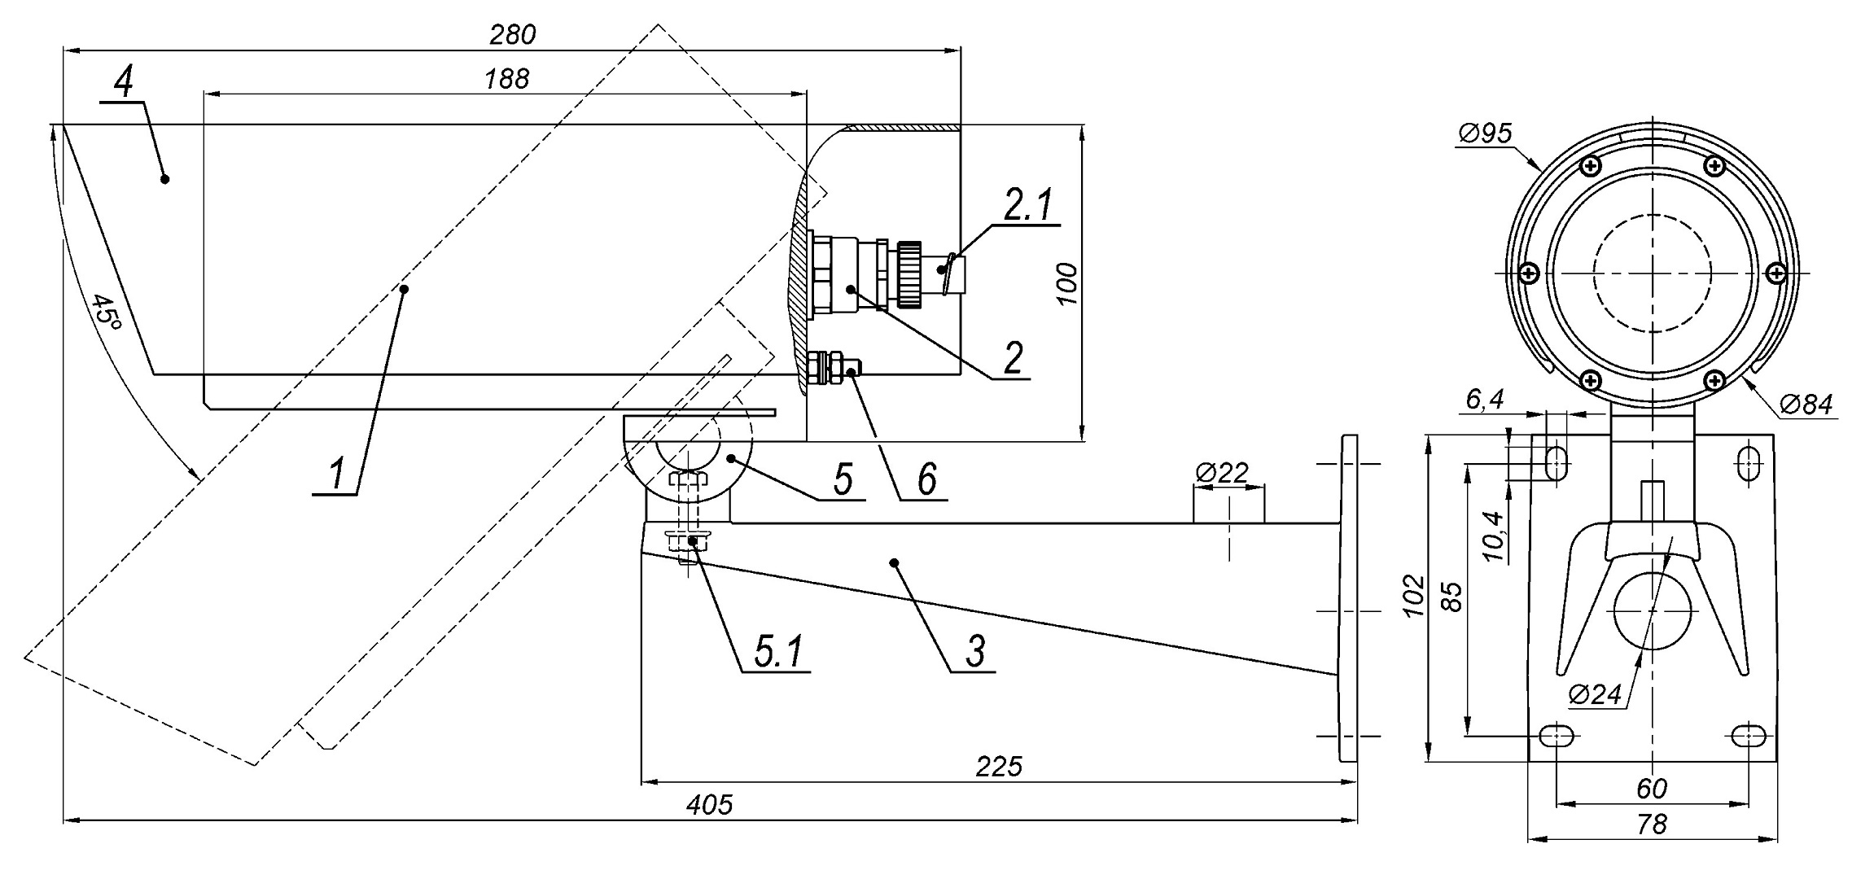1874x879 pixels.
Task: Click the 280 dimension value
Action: click(x=512, y=35)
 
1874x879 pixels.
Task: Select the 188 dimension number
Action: click(x=506, y=79)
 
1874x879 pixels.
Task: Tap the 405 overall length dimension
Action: click(x=709, y=805)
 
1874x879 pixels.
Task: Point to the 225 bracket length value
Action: click(x=998, y=767)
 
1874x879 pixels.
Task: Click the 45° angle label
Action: click(x=107, y=321)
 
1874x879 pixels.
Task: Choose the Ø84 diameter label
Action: click(x=1806, y=404)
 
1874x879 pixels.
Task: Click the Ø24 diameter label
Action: click(x=1595, y=694)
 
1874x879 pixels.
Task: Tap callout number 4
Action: click(x=124, y=82)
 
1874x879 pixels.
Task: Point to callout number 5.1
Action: click(x=778, y=651)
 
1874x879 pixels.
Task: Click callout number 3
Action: click(x=975, y=651)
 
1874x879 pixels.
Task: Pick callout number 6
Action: click(x=927, y=479)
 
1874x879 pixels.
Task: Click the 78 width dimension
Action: click(x=1651, y=824)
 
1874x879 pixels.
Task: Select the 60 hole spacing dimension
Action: click(x=1651, y=789)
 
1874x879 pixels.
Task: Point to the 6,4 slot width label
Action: click(x=1484, y=400)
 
